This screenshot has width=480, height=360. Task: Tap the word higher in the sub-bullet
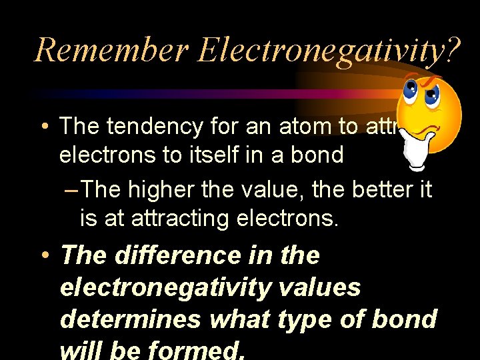tap(168, 189)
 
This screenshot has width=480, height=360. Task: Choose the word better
tap(371, 189)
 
